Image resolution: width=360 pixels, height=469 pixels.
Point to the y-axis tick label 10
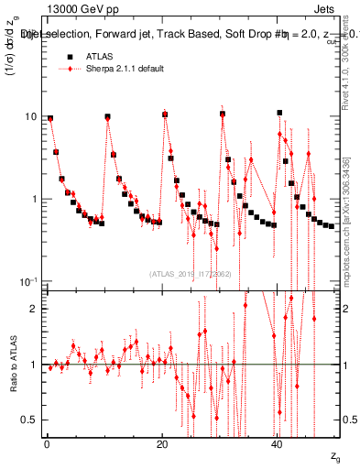point(30,117)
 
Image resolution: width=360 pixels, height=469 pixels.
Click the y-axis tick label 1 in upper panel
point(33,199)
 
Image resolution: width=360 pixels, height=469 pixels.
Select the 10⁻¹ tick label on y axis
point(28,280)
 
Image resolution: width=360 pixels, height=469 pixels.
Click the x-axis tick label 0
point(46,444)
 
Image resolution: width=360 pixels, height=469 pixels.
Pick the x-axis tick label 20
point(161,444)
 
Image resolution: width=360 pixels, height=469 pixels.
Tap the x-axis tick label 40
point(277,444)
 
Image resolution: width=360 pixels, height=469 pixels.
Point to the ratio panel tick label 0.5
point(29,420)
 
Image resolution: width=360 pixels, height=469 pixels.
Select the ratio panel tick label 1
point(33,365)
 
